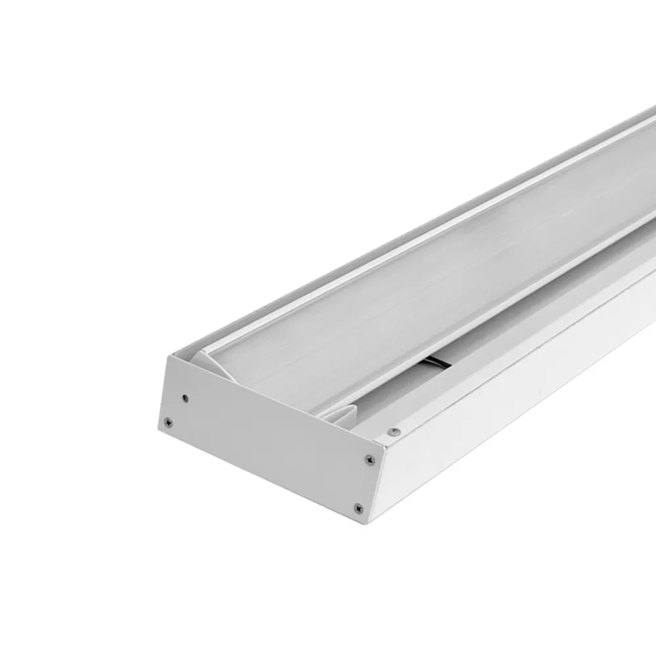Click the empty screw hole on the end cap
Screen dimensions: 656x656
click(186, 398)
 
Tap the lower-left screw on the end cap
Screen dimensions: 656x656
click(168, 422)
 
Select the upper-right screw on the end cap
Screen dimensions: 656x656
click(369, 460)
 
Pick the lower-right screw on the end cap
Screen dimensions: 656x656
click(358, 508)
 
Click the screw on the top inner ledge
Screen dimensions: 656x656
click(394, 432)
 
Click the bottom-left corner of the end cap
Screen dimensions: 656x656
click(159, 428)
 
